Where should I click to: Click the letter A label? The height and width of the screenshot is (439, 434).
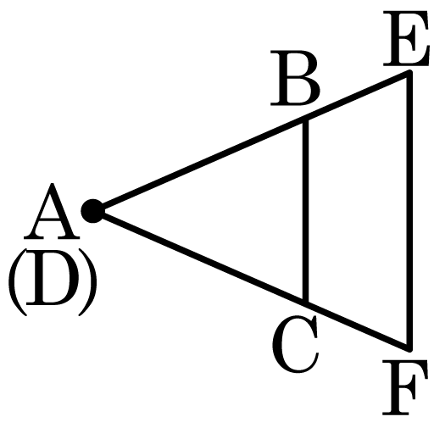pos(52,211)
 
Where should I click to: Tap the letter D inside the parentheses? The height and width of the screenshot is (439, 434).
pos(53,277)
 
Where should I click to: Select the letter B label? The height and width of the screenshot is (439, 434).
pos(295,78)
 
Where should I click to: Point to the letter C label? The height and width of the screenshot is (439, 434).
pos(296,344)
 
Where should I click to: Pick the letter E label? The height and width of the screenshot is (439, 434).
pos(406,38)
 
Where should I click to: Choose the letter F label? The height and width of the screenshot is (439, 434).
pos(404,387)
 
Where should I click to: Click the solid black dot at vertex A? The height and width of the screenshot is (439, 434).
pos(93,211)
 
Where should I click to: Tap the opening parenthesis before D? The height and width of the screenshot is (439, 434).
pos(18,282)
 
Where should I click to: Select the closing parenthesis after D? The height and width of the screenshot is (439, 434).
pos(88,282)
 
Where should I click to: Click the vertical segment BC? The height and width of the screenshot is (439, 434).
pos(305,210)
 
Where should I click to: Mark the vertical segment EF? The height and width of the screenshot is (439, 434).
pos(409,211)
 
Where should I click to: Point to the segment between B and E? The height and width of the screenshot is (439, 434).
pos(358,95)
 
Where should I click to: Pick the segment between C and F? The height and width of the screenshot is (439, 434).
pos(358,326)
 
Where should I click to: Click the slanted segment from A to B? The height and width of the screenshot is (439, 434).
pos(199,164)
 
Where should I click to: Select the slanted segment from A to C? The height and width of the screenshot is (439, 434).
pos(199,257)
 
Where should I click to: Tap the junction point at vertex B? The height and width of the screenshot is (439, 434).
pos(305,118)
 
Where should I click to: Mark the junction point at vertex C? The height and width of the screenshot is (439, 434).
pos(305,303)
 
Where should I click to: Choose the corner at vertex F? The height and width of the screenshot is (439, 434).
pos(409,349)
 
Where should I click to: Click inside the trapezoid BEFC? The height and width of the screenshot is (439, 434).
pos(358,211)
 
